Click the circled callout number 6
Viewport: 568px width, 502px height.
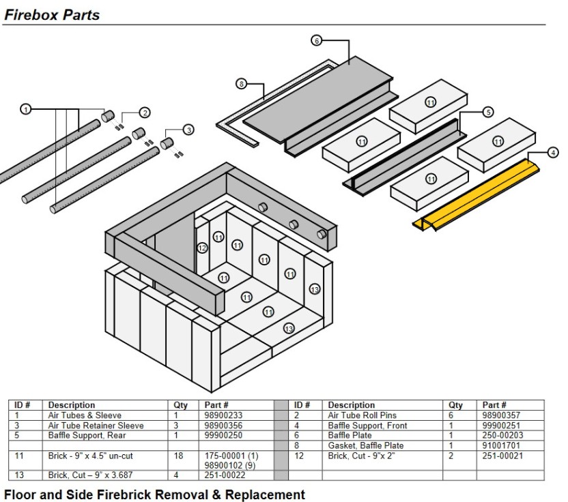coord(316,40)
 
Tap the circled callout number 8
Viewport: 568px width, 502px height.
coord(241,84)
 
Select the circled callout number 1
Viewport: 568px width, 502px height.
coord(25,109)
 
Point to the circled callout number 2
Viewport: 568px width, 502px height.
coord(145,113)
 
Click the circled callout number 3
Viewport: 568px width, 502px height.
coord(188,130)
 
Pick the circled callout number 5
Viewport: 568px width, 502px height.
coord(488,112)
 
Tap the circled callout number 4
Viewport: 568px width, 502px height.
coord(553,152)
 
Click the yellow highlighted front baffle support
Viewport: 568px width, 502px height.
coord(476,195)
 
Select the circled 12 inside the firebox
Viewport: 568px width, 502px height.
coord(202,248)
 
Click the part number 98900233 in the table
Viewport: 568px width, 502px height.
coord(223,415)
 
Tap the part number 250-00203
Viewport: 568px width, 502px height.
coord(502,435)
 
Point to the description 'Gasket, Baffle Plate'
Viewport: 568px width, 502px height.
coord(365,445)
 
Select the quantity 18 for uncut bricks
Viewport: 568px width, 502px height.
coord(178,456)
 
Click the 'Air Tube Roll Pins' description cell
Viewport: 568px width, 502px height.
coord(362,415)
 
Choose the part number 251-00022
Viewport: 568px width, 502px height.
coord(225,475)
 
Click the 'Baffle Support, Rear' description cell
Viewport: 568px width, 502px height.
coord(87,435)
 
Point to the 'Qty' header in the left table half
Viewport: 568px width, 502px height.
coord(180,405)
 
